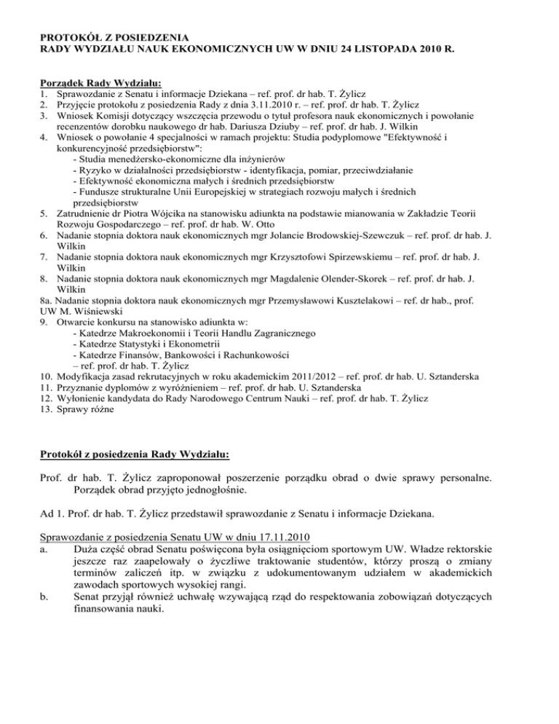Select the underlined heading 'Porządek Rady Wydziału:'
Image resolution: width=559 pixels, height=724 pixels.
click(100, 84)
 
